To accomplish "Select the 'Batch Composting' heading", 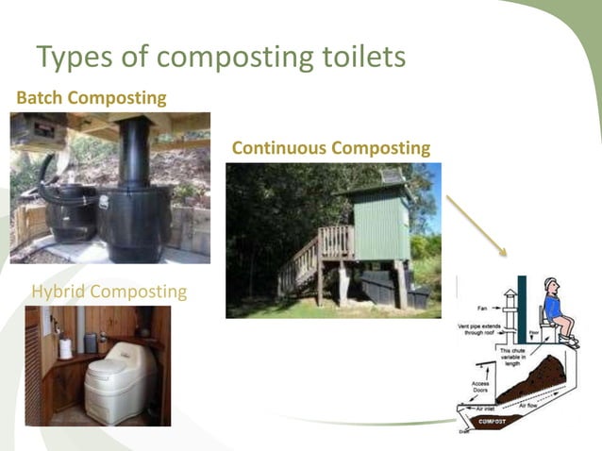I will [x=92, y=97].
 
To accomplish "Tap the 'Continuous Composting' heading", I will [x=330, y=148].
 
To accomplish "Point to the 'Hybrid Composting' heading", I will [x=109, y=292].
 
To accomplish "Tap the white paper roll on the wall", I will [x=65, y=348].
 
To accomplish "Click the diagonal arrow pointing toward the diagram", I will [x=477, y=225].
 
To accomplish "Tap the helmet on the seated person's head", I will [x=550, y=283].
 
